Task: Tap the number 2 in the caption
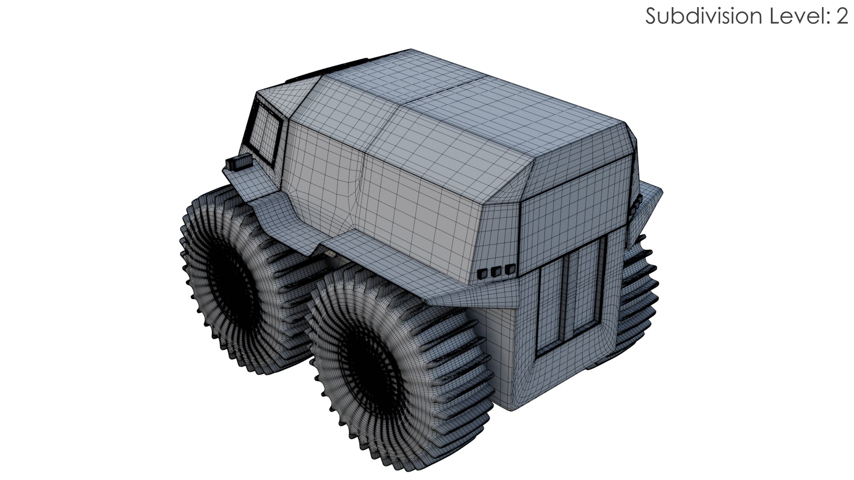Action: (841, 17)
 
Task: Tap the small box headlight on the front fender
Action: (238, 163)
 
